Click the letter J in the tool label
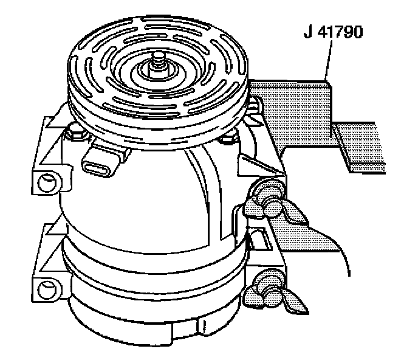click(308, 32)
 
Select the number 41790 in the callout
click(340, 32)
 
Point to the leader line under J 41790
click(329, 60)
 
